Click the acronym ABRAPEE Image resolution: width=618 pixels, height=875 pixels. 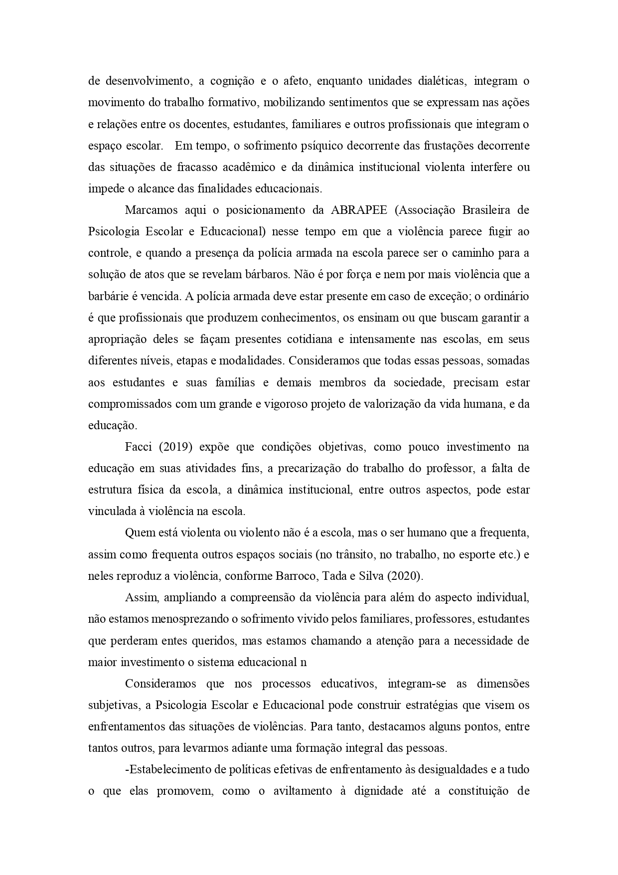(359, 210)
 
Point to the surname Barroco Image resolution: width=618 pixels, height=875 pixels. (296, 576)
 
